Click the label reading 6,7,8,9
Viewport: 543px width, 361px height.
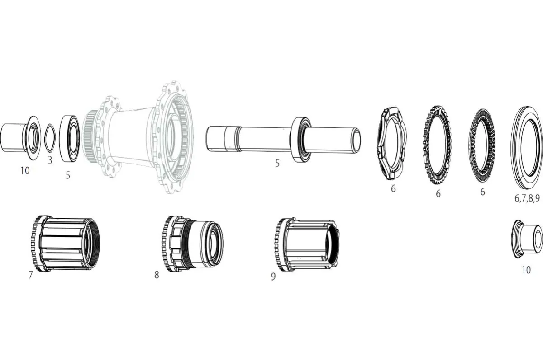tap(527, 198)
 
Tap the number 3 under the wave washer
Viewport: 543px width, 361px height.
tap(50, 160)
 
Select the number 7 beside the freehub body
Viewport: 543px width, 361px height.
tap(31, 275)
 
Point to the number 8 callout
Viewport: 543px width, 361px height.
tap(157, 275)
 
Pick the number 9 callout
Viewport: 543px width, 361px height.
tap(273, 276)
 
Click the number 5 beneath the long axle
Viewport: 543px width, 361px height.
tap(277, 164)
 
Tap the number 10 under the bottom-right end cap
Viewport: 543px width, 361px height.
tap(526, 270)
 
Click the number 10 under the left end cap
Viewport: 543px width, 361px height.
tap(25, 170)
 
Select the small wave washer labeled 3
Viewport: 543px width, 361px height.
tap(49, 138)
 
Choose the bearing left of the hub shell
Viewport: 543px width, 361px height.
tap(70, 138)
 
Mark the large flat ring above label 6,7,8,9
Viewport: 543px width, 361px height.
tap(527, 147)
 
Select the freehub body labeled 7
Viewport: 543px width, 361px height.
tap(66, 244)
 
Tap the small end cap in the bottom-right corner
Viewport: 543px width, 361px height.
tap(527, 238)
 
